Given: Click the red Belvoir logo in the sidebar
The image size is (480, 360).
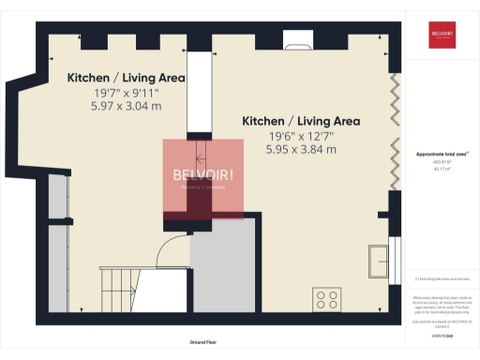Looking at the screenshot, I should pos(442,34).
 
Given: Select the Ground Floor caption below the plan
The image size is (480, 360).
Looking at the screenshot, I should pos(203,343).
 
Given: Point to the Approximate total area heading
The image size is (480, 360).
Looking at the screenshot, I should pos(441,154).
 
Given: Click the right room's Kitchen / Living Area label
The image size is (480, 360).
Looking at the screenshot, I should pos(301,121).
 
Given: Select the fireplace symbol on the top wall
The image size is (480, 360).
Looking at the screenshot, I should pos(300,42).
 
